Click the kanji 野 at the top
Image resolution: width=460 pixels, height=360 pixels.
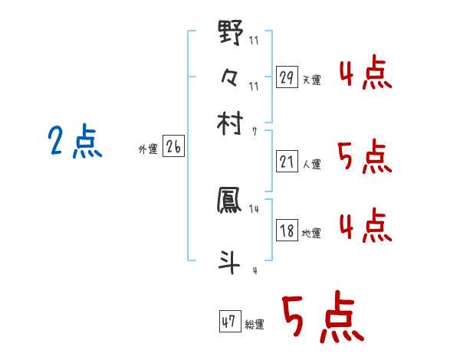[x=230, y=33]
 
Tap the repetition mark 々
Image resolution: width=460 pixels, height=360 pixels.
[x=230, y=77]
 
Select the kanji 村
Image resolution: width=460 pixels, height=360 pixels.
[x=230, y=123]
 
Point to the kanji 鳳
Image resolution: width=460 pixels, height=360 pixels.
[x=230, y=201]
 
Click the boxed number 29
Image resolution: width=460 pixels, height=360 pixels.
[x=287, y=77]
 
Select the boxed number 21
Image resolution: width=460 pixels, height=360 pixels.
[x=287, y=162]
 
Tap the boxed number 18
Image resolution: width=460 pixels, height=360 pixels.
[x=287, y=231]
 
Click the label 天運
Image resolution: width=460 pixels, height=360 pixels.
[x=312, y=80]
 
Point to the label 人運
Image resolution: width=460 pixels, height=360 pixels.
[x=312, y=164]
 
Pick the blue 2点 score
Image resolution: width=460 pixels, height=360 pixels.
[x=74, y=142]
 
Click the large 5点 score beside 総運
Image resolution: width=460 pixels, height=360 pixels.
[x=320, y=320]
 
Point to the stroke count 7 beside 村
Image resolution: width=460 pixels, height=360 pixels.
[x=254, y=131]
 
